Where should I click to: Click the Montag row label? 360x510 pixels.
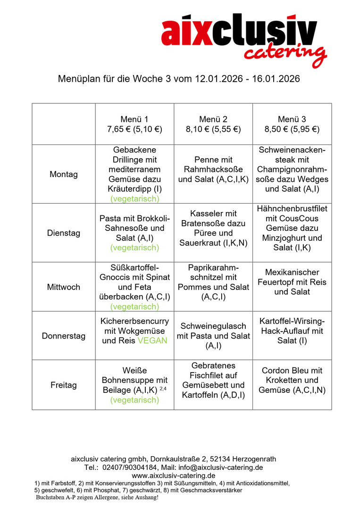(x=64, y=174)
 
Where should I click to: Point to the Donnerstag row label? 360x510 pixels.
(x=64, y=336)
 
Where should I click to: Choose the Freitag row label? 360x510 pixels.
(x=64, y=385)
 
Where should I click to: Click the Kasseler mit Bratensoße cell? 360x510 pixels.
(x=213, y=229)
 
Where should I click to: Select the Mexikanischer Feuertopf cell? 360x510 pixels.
(x=292, y=282)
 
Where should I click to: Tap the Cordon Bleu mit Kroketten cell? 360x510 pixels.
(x=292, y=380)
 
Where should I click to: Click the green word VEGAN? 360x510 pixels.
(x=152, y=340)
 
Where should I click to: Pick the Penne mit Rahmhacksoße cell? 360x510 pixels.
(x=213, y=170)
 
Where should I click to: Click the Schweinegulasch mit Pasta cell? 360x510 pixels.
(x=213, y=336)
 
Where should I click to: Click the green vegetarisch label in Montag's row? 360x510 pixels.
(x=134, y=199)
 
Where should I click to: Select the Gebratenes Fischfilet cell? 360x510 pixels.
(x=213, y=380)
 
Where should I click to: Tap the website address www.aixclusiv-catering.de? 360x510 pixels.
(x=174, y=476)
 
